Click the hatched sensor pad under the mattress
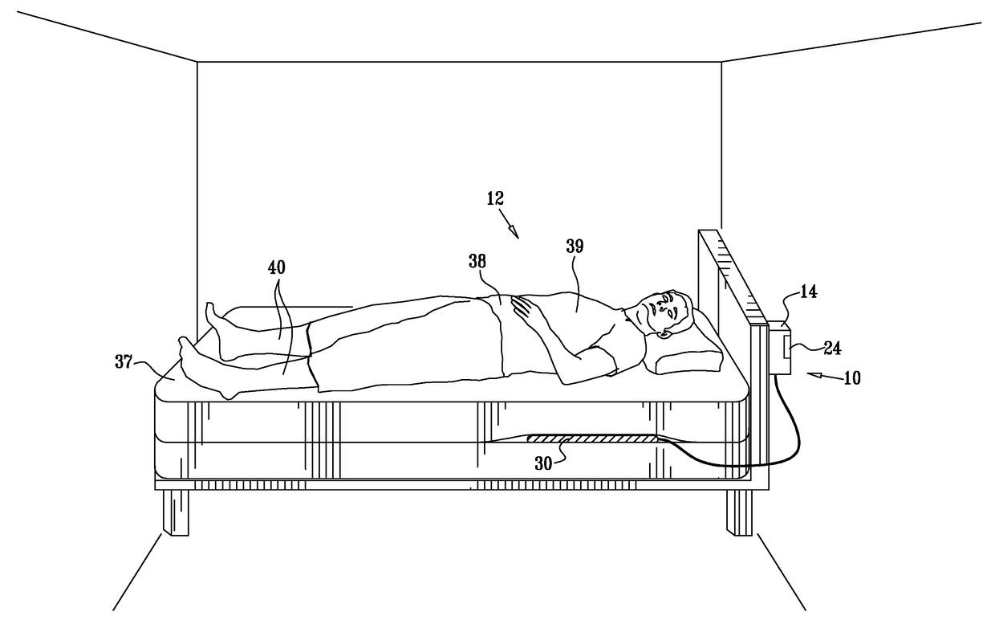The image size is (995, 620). tap(591, 439)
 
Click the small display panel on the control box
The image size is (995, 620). tap(786, 347)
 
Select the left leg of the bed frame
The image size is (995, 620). tap(175, 512)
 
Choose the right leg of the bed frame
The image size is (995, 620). tap(740, 512)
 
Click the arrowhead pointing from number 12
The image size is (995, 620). tap(514, 233)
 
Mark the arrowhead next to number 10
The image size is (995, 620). tap(812, 374)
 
